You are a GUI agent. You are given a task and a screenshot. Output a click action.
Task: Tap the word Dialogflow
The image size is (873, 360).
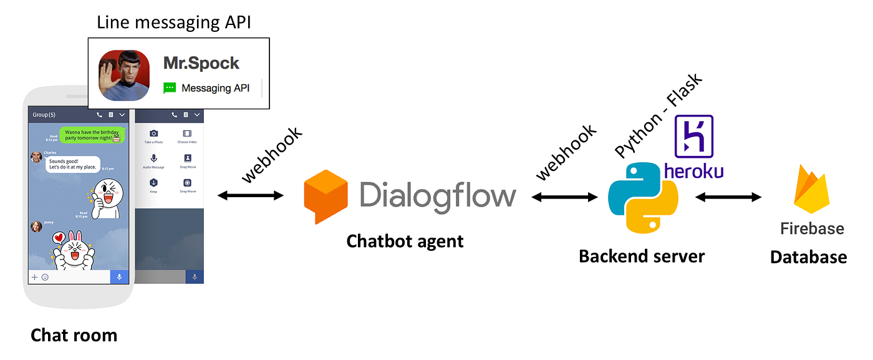438,194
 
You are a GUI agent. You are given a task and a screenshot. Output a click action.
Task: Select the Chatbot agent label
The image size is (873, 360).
405,241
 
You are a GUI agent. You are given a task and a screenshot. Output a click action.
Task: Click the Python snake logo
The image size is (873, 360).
643,197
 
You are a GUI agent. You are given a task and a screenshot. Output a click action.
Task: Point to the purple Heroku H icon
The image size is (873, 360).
693,136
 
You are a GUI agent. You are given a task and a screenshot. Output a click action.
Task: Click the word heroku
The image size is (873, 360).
693,170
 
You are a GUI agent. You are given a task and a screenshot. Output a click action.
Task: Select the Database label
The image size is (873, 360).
808,256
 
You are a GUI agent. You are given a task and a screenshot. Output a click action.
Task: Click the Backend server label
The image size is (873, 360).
642,256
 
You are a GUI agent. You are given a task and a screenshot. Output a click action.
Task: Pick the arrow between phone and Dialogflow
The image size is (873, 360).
250,196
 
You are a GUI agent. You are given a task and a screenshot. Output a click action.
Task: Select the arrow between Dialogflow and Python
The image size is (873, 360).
564,197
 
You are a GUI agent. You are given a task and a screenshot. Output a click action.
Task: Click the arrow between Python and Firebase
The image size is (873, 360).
728,197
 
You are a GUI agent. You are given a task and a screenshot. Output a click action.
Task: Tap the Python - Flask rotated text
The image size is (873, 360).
658,115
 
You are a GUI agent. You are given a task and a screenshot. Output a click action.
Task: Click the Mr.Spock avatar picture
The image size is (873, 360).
124,75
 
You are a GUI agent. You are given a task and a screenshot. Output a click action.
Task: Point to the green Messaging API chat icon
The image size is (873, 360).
170,89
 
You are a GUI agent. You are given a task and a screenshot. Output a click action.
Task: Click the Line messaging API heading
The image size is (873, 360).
173,23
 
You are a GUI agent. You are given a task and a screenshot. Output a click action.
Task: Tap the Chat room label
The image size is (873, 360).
74,335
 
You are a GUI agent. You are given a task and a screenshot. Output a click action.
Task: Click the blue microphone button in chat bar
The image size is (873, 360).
119,276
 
